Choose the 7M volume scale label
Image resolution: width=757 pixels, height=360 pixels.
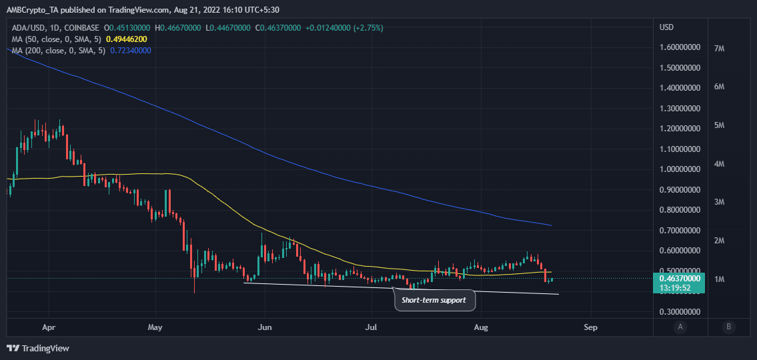coord(719,49)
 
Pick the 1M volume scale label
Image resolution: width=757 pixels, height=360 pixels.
coord(719,279)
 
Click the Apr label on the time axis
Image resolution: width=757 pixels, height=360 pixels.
coord(47,327)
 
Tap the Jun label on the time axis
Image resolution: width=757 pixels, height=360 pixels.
coord(265,327)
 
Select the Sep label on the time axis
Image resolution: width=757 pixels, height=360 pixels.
coord(589,327)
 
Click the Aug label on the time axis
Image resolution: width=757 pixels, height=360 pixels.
coord(480,327)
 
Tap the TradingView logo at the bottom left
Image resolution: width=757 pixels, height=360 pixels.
coord(38,348)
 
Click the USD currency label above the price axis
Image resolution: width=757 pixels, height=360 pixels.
coord(666,27)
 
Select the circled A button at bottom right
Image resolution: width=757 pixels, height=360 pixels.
coord(680,327)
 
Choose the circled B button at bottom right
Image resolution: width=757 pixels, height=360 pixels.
coord(729,327)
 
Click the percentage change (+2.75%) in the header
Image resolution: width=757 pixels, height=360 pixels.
coord(365,28)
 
